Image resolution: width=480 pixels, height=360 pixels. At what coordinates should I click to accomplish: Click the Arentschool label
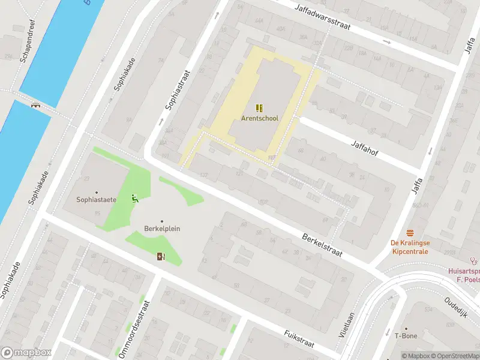pos(260,118)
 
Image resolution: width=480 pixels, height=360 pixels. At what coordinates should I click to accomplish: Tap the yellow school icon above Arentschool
pos(259,108)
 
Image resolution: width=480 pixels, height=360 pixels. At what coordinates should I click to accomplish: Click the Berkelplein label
pos(162,229)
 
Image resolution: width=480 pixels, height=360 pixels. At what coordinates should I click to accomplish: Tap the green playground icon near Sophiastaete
pos(135,198)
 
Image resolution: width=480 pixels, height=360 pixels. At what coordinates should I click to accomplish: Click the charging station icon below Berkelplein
pos(161,257)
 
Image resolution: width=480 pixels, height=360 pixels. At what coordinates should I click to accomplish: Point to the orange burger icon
pos(410,232)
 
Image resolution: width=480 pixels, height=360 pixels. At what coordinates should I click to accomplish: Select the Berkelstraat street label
pos(322,245)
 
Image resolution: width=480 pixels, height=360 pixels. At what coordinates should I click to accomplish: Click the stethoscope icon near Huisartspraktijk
pos(474,261)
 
